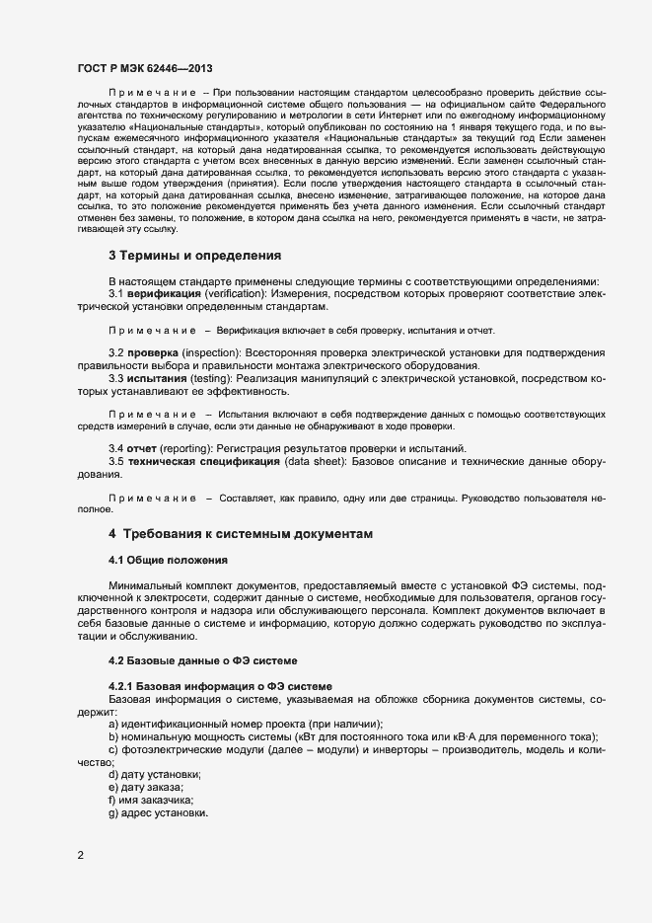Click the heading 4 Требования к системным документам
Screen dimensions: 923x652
pos(241,533)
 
